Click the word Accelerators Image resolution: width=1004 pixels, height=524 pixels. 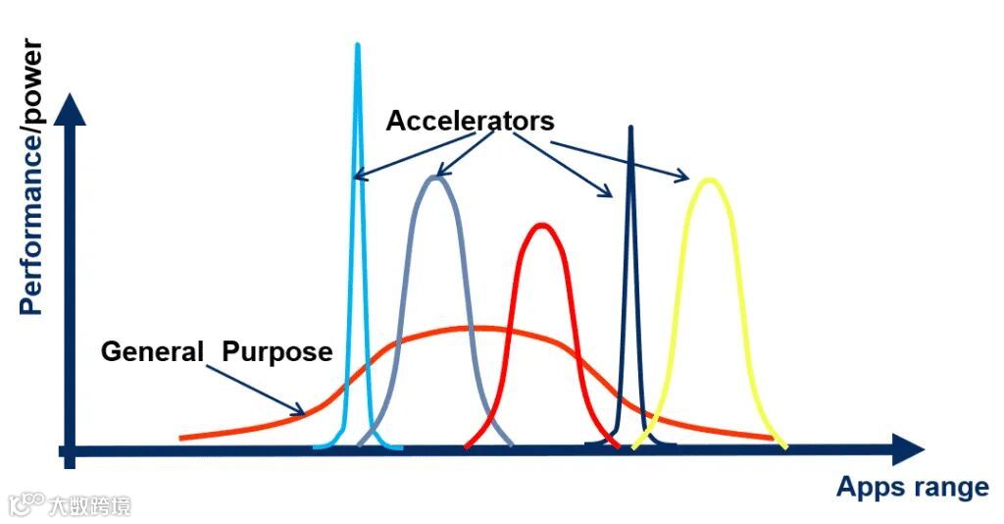pos(470,121)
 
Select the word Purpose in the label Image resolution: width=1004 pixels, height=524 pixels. pos(276,351)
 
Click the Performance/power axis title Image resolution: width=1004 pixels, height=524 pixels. pos(31,177)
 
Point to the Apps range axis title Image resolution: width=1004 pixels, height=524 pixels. pos(912,487)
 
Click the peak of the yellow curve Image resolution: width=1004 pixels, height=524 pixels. pos(708,180)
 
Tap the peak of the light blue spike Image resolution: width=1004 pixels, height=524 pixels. pos(358,45)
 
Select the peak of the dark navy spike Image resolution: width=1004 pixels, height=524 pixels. pos(630,128)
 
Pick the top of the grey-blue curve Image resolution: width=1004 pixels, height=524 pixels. pos(436,178)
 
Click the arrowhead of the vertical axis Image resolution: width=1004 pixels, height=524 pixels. pos(70,107)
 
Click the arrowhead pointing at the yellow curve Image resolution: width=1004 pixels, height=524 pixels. pos(684,178)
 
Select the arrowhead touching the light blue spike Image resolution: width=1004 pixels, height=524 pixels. pos(358,178)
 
